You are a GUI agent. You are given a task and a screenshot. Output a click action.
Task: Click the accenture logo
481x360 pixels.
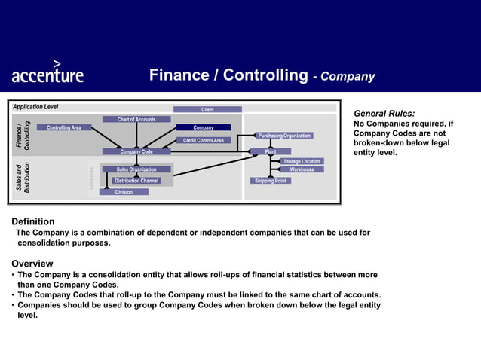[47, 73]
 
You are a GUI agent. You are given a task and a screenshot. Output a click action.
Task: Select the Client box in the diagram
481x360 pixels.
[207, 110]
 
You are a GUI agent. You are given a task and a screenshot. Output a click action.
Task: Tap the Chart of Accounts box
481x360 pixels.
[136, 119]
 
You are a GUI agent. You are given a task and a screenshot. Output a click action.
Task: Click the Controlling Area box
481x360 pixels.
[64, 127]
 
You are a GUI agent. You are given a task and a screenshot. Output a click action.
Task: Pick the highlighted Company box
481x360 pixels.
[204, 127]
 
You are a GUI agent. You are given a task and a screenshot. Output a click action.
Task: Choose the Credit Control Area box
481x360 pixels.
[204, 140]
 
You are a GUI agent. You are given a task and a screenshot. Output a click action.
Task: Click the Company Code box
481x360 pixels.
[136, 151]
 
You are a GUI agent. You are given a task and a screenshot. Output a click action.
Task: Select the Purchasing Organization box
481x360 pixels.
[284, 136]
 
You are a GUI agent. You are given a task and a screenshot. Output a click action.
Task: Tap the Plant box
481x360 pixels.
[271, 151]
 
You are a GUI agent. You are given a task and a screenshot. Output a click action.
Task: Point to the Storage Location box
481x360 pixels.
[302, 161]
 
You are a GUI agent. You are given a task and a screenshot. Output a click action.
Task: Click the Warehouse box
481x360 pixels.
[302, 169]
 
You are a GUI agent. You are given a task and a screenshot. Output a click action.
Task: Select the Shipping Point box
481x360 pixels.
[270, 181]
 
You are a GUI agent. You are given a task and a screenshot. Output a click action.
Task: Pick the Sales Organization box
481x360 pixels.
[136, 169]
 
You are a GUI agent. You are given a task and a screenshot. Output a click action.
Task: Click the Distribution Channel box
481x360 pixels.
[136, 181]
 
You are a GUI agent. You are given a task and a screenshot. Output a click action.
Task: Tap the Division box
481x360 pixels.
[124, 192]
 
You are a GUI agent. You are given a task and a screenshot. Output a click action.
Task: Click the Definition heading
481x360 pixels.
[32, 221]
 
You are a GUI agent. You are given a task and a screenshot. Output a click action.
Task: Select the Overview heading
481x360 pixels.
[32, 264]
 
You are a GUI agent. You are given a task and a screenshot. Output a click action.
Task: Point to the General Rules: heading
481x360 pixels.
[384, 114]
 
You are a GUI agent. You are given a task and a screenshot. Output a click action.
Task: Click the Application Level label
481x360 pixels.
[35, 107]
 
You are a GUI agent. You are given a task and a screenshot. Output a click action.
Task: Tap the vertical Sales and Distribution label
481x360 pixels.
[23, 178]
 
